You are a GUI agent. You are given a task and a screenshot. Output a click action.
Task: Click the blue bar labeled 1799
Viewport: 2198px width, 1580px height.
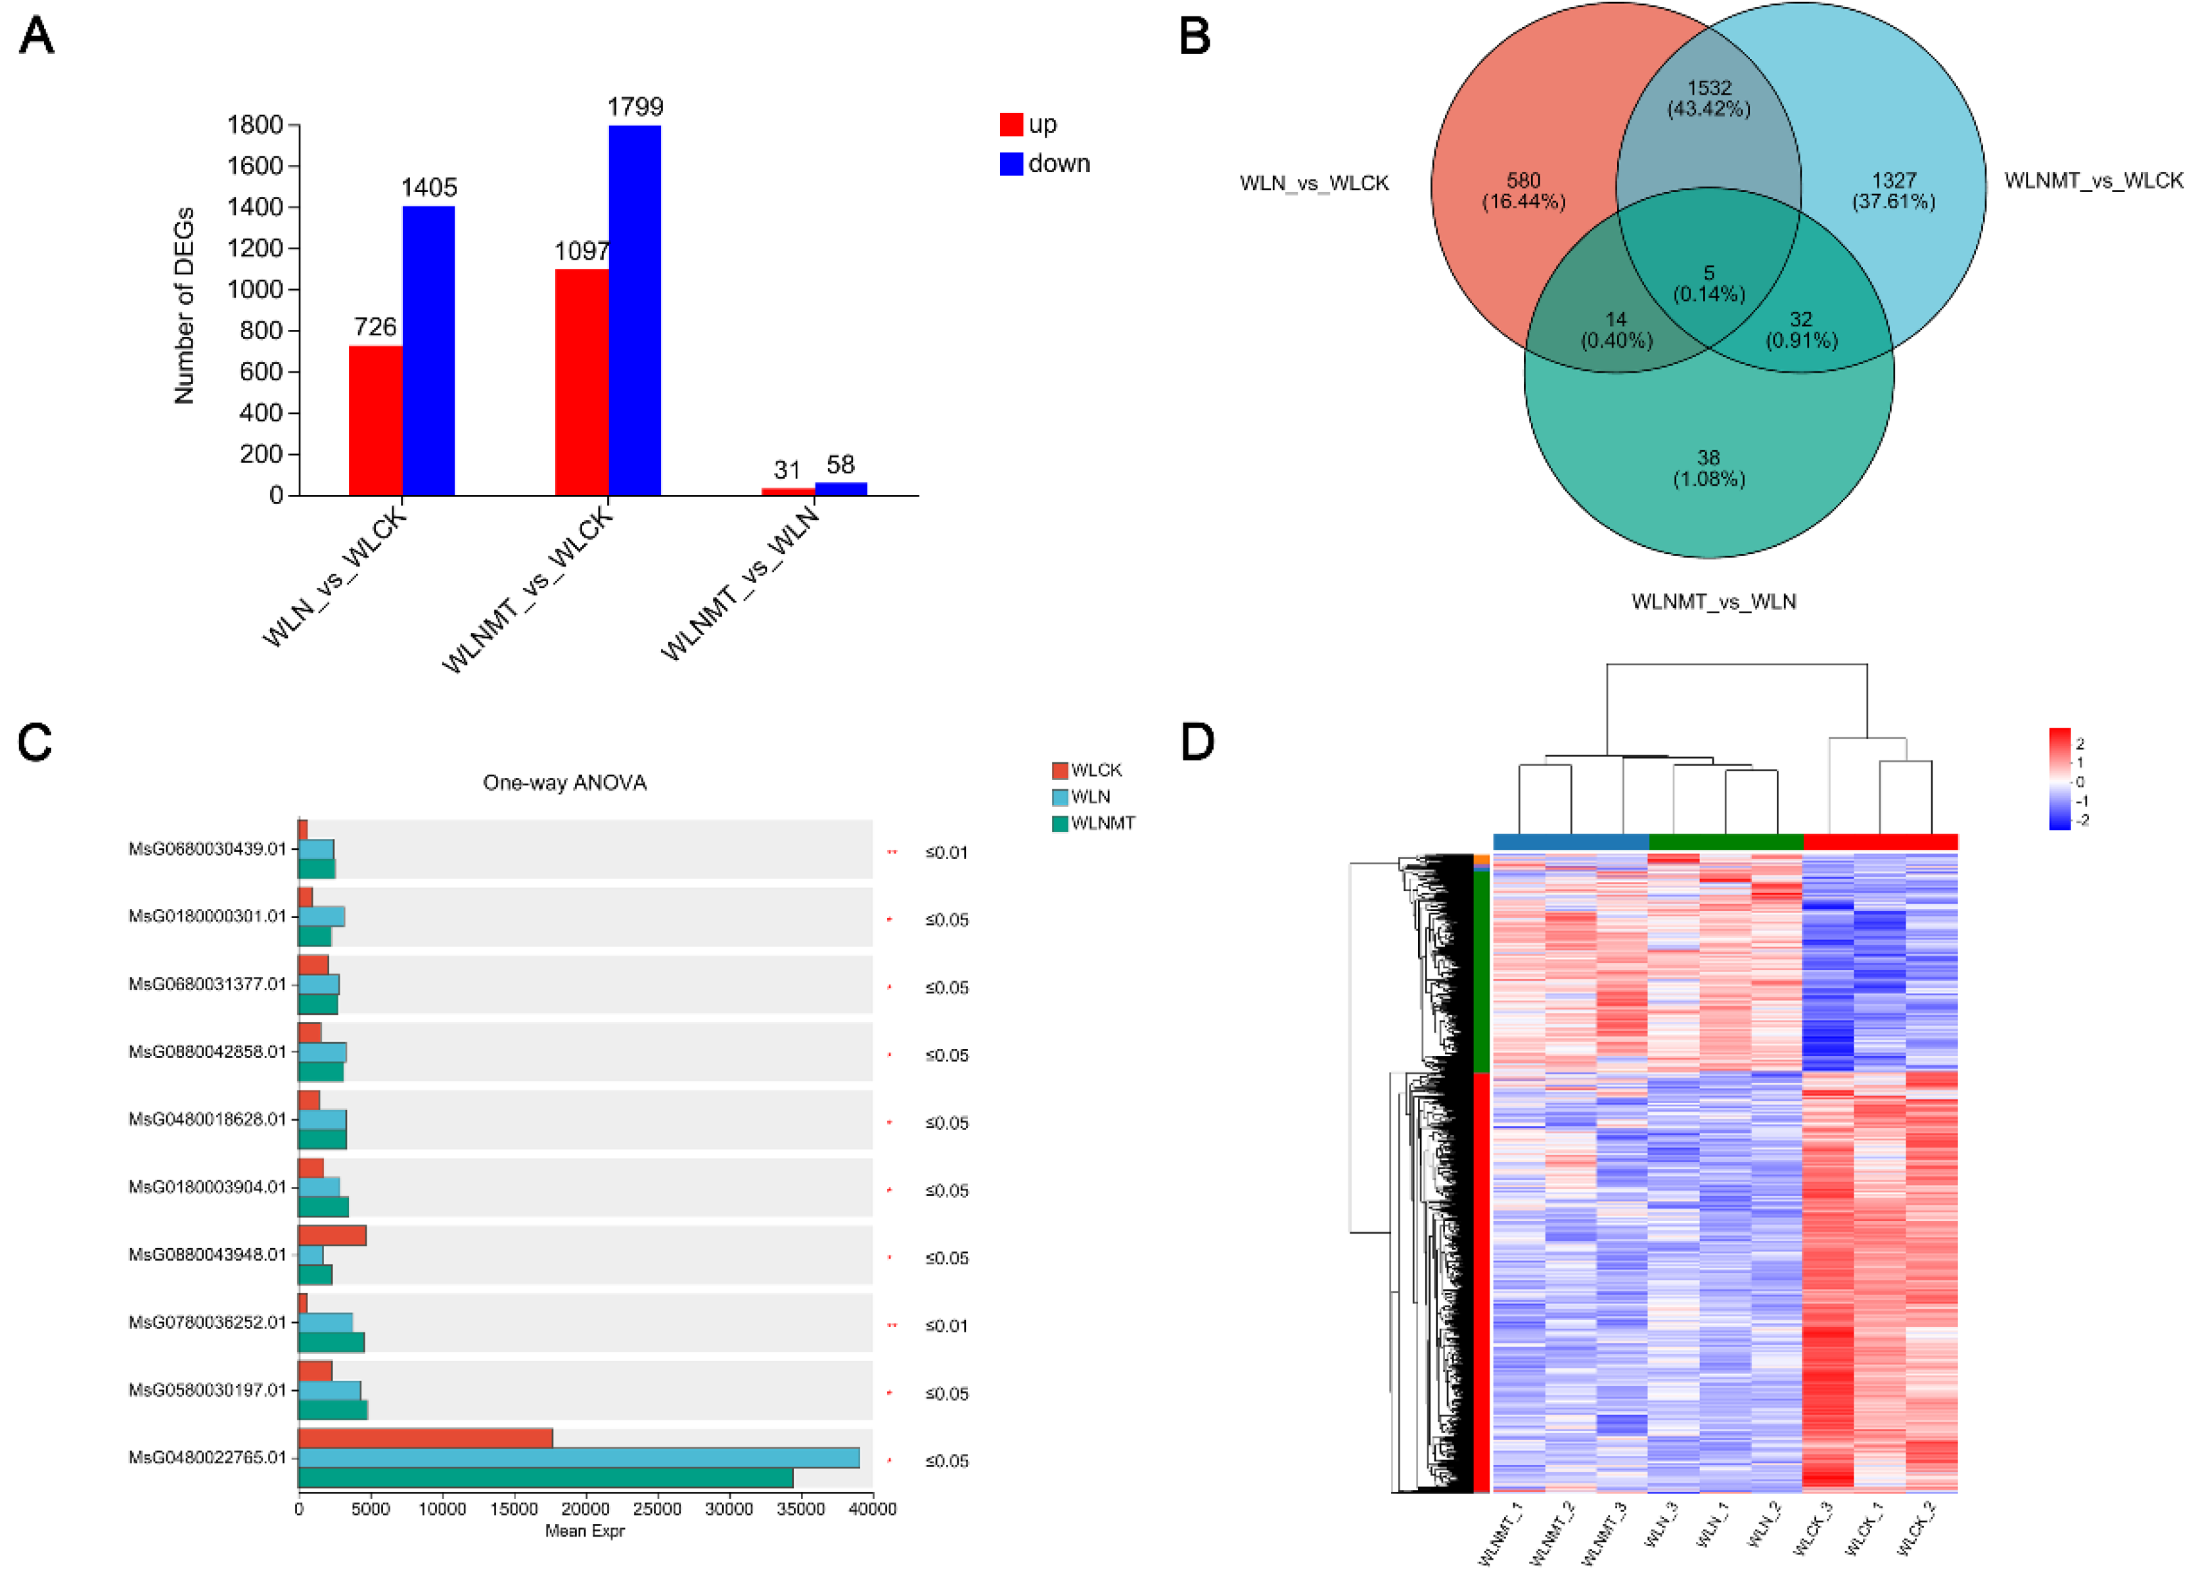pyautogui.click(x=635, y=310)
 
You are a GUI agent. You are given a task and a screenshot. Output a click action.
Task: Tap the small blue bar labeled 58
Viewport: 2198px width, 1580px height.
pyautogui.click(x=840, y=488)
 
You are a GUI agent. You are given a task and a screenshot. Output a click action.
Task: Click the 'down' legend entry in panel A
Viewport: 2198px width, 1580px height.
pyautogui.click(x=1057, y=164)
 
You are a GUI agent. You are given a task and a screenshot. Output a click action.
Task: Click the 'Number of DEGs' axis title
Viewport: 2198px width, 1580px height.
pyautogui.click(x=184, y=306)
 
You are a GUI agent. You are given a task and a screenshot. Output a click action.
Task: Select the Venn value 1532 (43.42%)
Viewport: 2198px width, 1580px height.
pyautogui.click(x=1708, y=99)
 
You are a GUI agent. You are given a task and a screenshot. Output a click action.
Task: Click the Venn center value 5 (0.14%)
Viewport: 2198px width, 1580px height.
pyautogui.click(x=1708, y=284)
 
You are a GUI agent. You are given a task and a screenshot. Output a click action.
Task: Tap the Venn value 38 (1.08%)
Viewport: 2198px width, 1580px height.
pyautogui.click(x=1708, y=468)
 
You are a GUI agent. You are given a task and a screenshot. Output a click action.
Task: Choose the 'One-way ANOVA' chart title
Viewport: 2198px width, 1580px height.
pyautogui.click(x=564, y=782)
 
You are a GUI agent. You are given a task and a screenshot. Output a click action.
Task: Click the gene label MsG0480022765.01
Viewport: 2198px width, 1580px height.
pyautogui.click(x=208, y=1457)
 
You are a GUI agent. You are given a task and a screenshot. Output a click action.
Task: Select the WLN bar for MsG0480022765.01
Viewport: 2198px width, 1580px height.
pyautogui.click(x=578, y=1457)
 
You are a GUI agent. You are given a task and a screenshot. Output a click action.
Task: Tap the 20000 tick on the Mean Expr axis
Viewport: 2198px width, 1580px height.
pyautogui.click(x=585, y=1508)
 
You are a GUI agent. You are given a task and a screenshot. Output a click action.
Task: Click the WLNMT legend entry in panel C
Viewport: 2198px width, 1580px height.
pyautogui.click(x=1101, y=823)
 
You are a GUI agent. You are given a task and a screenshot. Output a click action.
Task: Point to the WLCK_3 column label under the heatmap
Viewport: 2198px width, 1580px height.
pyautogui.click(x=1813, y=1529)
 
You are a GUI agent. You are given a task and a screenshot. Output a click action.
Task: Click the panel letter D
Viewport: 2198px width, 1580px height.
pyautogui.click(x=1198, y=743)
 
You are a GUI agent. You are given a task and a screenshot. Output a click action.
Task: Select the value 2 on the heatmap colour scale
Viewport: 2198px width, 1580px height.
pyautogui.click(x=2080, y=743)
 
